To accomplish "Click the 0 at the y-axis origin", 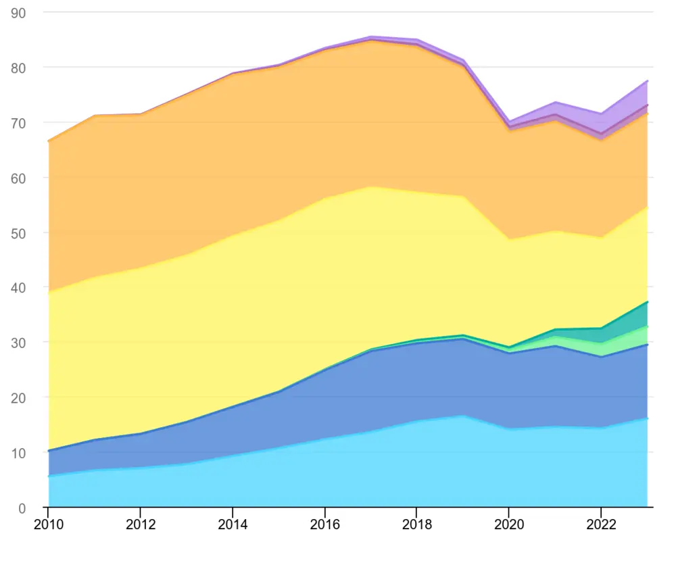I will (x=22, y=508).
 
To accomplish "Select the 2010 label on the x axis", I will (x=47, y=524).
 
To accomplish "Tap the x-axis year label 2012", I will (x=140, y=524).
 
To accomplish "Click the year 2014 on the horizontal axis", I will (x=233, y=524).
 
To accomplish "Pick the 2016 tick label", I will (x=325, y=524).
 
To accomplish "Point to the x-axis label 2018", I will (x=417, y=524).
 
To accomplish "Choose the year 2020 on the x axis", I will (x=509, y=524).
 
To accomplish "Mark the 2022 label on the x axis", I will (x=602, y=524).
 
